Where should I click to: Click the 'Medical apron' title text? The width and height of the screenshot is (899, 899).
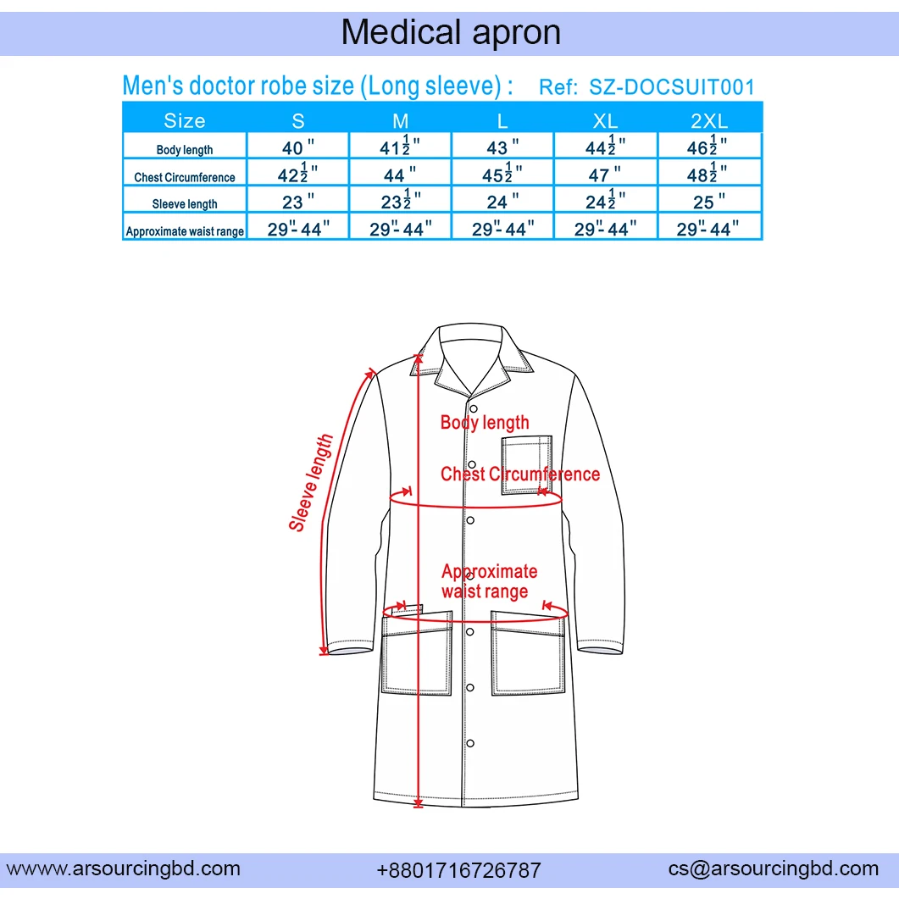(x=450, y=32)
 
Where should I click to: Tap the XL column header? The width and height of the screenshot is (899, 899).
(x=605, y=120)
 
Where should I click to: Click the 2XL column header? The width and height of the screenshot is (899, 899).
(x=709, y=120)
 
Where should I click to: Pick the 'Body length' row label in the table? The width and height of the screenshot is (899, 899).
(x=185, y=150)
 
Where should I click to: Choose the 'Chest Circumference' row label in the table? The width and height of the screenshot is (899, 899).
(x=185, y=177)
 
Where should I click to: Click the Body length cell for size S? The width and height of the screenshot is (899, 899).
(x=297, y=148)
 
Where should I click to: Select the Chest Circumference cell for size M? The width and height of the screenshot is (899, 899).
(x=400, y=175)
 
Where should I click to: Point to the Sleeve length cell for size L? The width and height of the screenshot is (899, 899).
(x=502, y=202)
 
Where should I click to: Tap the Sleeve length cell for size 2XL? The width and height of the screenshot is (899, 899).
(x=709, y=202)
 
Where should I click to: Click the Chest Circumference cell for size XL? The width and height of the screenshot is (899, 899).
(x=605, y=175)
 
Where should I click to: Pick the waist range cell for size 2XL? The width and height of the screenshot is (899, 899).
(x=709, y=229)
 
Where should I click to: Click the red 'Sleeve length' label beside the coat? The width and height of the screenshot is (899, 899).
(x=311, y=483)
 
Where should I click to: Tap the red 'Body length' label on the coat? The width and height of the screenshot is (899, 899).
(x=485, y=422)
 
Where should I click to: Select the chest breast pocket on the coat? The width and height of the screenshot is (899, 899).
(x=526, y=463)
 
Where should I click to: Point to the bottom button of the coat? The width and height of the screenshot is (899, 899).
(x=470, y=743)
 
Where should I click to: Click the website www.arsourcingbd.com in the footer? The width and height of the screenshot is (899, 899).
(x=124, y=868)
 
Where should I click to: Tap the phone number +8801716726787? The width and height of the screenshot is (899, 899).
(x=458, y=870)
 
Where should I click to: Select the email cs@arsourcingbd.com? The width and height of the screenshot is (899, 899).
(x=773, y=868)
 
